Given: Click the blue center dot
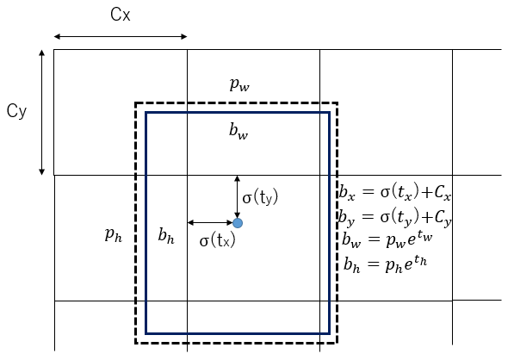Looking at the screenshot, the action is (238, 223).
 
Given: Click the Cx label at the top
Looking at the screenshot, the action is (121, 15).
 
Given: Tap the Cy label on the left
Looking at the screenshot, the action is (16, 111).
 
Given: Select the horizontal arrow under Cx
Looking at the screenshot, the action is (121, 36).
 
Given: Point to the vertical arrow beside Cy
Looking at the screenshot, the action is (41, 112).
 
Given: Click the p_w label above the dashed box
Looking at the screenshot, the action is (239, 84).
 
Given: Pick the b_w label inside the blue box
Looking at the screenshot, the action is (238, 131).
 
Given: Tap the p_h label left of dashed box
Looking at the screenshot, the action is (114, 235).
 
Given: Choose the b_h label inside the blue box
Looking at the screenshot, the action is (166, 235).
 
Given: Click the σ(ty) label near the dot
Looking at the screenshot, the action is (260, 197).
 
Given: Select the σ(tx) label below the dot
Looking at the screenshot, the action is (218, 240).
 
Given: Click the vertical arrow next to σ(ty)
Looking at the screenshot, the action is (238, 197).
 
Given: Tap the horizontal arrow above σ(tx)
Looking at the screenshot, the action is (210, 222).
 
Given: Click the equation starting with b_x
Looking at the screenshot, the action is (395, 192).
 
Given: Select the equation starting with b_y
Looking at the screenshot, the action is (395, 217).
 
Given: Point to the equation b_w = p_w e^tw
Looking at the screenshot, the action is (387, 239).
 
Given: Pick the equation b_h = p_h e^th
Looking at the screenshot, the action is (386, 264).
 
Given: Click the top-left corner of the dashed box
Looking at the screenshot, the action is (135, 103).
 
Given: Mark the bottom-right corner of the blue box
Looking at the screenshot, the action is (329, 333).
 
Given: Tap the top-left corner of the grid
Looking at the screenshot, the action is (54, 49).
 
